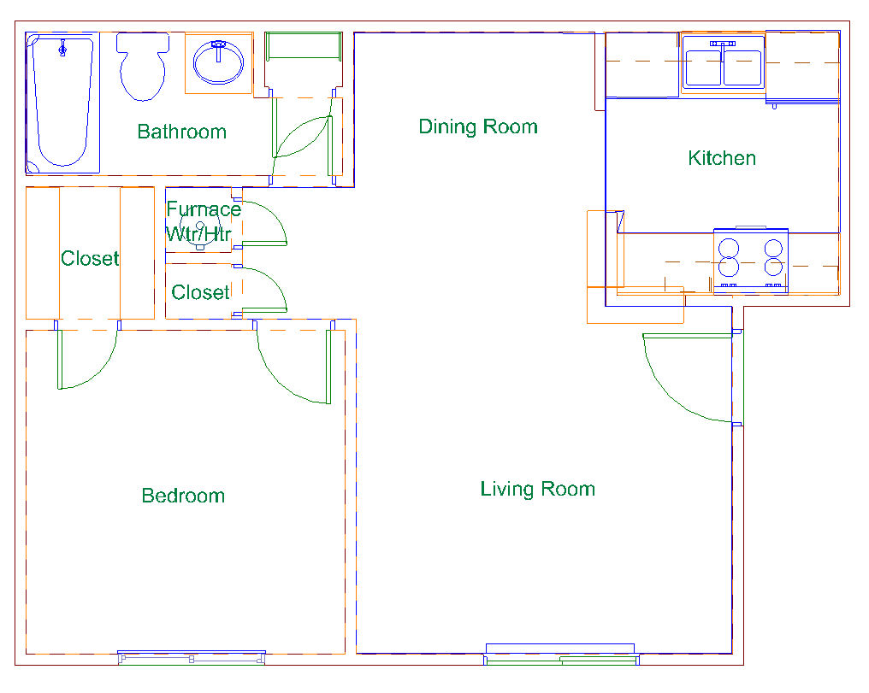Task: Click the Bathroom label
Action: pyautogui.click(x=182, y=132)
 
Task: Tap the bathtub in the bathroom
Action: pyautogui.click(x=62, y=103)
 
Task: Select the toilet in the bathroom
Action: pyautogui.click(x=143, y=67)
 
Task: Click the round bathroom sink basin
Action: pyautogui.click(x=218, y=62)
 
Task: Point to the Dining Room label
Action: pyautogui.click(x=478, y=126)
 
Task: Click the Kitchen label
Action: pyautogui.click(x=722, y=158)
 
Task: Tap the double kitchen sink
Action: pyautogui.click(x=723, y=63)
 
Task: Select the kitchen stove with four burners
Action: pyautogui.click(x=751, y=261)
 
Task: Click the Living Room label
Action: pyautogui.click(x=538, y=490)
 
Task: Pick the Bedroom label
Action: pyautogui.click(x=183, y=496)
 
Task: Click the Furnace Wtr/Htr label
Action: pyautogui.click(x=204, y=221)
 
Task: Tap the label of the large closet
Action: pyautogui.click(x=90, y=259)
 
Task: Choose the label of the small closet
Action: pyautogui.click(x=200, y=292)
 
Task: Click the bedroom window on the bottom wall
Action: pyautogui.click(x=192, y=658)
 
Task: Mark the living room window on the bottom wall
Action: pyautogui.click(x=561, y=655)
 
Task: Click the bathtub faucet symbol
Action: pyautogui.click(x=62, y=50)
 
